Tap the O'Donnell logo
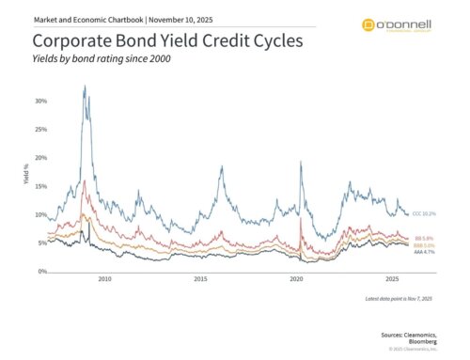click(x=398, y=26)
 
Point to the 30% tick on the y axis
click(x=39, y=101)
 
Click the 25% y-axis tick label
click(x=39, y=129)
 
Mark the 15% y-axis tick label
click(x=39, y=186)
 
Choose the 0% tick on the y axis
click(x=41, y=272)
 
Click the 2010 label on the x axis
click(x=105, y=280)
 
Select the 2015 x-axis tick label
click(x=200, y=280)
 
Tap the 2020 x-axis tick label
click(x=296, y=280)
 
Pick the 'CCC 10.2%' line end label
click(x=424, y=214)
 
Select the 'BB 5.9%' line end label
click(x=422, y=238)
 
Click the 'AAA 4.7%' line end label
click(x=423, y=252)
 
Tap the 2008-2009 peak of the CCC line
click(x=85, y=86)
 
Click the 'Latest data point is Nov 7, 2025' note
click(x=397, y=298)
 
